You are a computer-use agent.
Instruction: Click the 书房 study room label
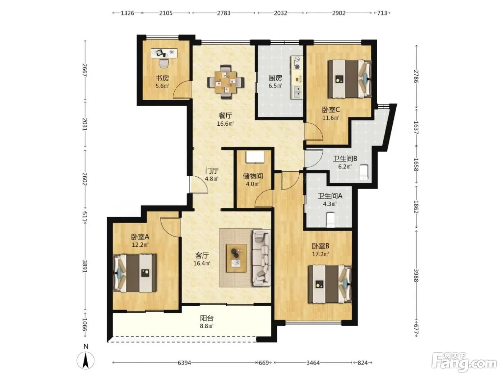point(162,78)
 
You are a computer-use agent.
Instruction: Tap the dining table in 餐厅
point(226,82)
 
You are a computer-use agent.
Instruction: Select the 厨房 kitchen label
point(275,78)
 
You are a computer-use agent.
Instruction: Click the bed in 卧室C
point(350,79)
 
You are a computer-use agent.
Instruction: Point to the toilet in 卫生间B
point(364,172)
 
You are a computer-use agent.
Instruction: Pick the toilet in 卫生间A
point(331,220)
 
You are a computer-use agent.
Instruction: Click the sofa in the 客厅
point(262,258)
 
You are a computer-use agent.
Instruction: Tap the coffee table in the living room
point(236,258)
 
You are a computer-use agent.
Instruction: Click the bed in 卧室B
point(330,284)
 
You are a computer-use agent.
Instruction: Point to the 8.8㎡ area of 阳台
point(207,326)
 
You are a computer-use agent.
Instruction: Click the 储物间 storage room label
point(253,176)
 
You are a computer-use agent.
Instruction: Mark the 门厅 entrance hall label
point(212,171)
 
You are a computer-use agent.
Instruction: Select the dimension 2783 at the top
point(224,13)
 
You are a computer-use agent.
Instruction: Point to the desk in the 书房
point(164,53)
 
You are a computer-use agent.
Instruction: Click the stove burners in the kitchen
point(297,63)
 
